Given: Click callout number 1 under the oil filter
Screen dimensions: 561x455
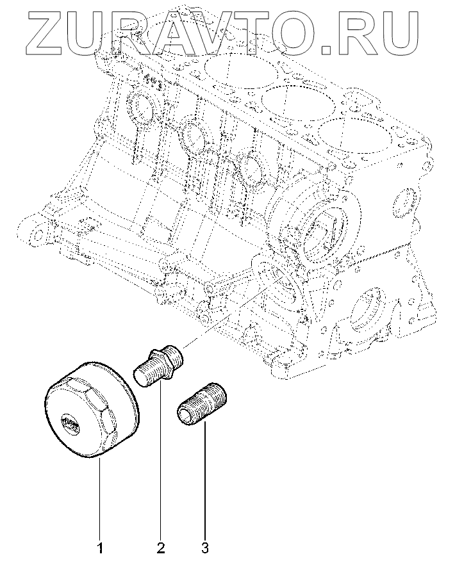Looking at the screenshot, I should click(99, 548).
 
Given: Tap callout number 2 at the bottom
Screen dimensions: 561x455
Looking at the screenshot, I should click(160, 548).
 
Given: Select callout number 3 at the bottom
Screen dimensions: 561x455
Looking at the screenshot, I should click(204, 548).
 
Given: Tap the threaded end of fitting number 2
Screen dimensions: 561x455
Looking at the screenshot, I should click(145, 373).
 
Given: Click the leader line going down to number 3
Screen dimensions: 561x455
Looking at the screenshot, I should click(204, 487).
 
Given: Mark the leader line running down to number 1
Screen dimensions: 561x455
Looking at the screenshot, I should click(99, 500).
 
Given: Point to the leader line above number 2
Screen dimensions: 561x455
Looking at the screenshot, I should click(160, 461).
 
